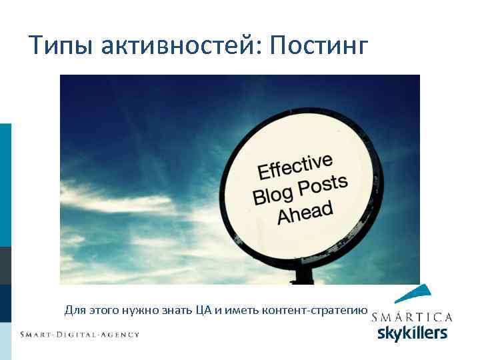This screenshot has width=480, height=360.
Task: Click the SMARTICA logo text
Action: click(411, 317)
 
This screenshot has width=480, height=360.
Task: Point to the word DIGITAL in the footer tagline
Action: click(82, 334)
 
